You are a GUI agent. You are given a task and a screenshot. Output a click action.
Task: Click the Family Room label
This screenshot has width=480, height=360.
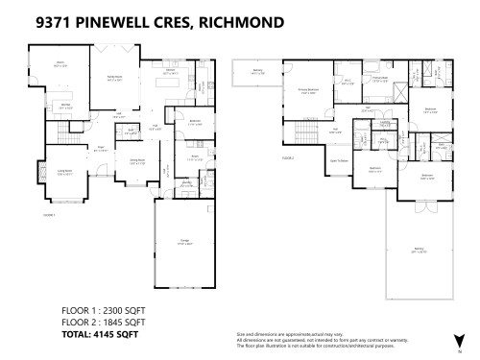[x=114, y=80]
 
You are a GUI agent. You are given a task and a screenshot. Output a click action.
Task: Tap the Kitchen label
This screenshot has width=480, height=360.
[x=170, y=71]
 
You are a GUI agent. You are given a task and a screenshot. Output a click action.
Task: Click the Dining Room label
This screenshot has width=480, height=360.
[x=137, y=161]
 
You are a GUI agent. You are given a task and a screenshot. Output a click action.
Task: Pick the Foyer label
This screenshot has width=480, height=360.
[x=99, y=147]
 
